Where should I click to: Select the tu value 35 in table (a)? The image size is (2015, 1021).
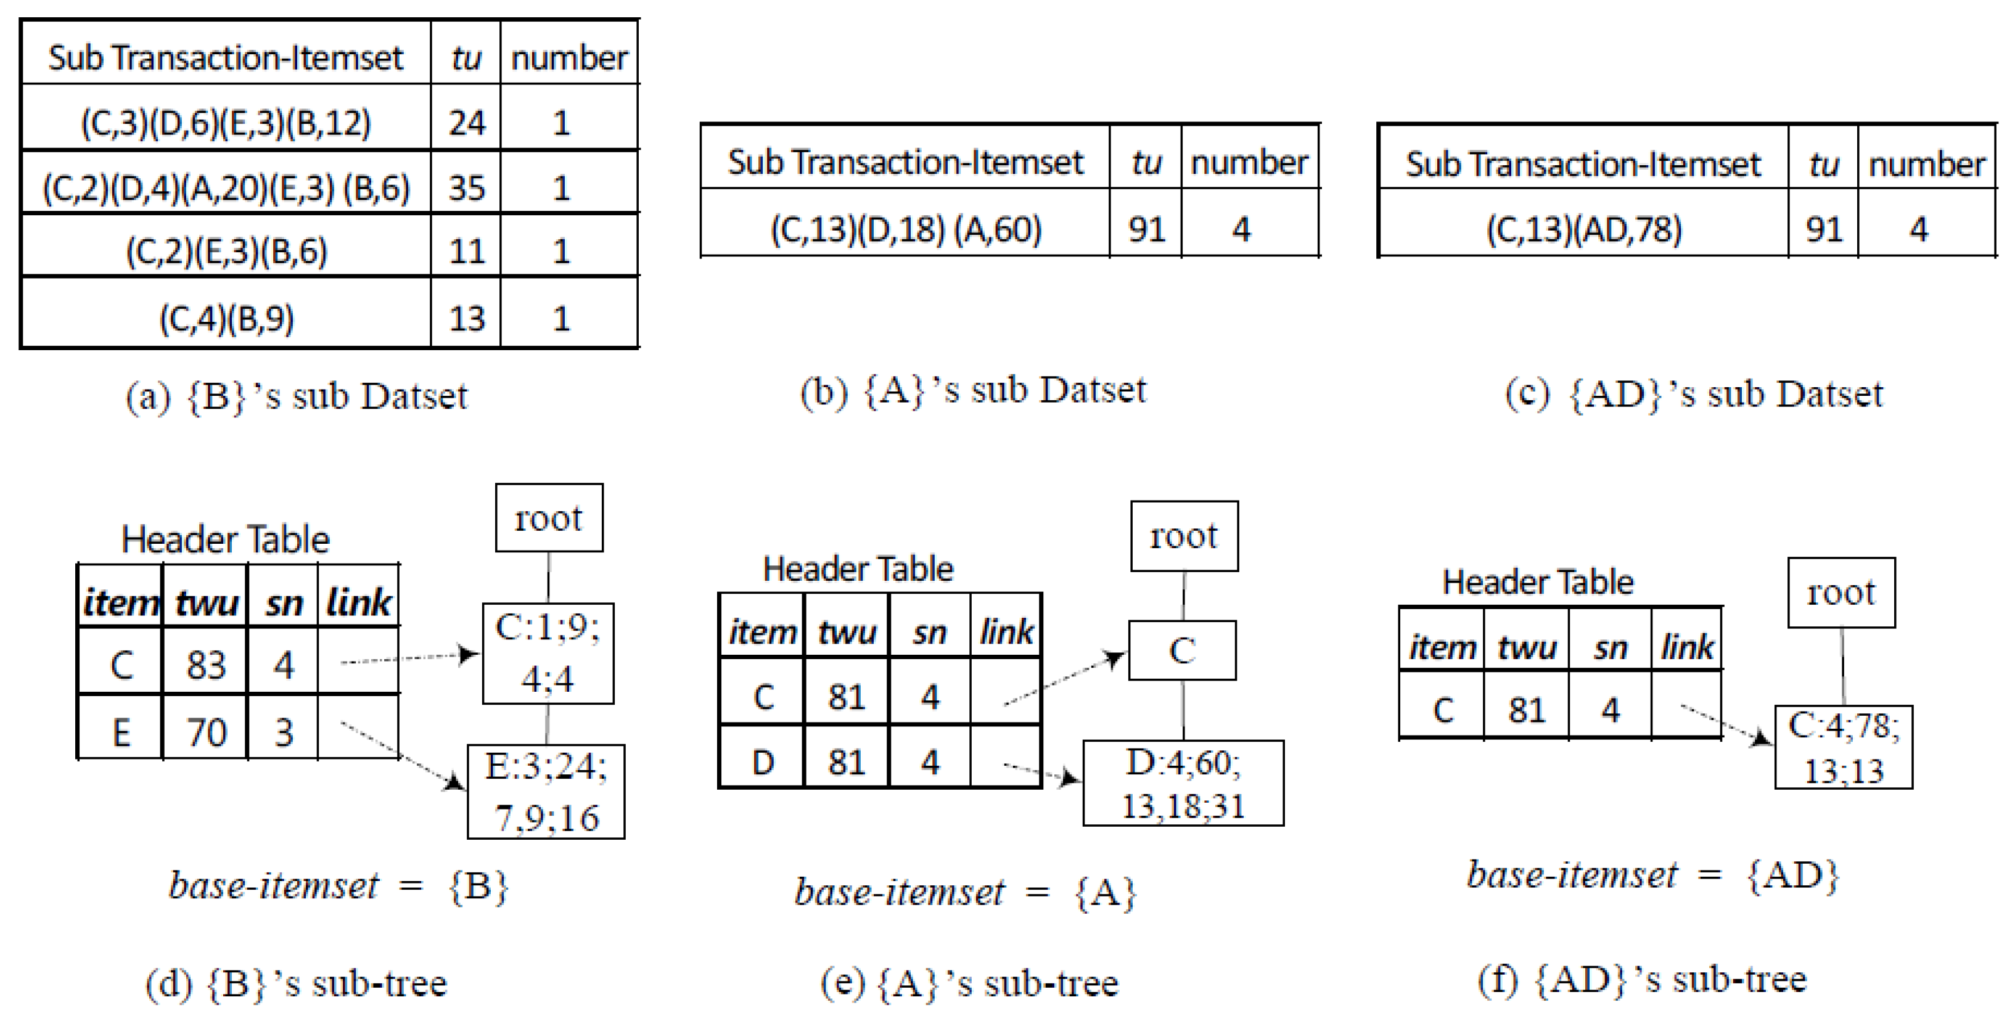point(466,188)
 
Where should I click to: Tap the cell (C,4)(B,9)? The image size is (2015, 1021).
point(226,318)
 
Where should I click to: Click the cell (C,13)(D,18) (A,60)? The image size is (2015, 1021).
point(906,229)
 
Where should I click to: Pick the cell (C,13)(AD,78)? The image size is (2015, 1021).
point(1584,229)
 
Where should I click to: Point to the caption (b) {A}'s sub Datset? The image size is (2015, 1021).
point(972,390)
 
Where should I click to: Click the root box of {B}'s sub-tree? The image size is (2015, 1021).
point(548,518)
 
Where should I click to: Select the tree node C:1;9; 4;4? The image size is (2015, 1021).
point(548,654)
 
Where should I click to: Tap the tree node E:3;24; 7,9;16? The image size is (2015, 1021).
point(546,791)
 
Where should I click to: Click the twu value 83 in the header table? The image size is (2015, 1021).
point(206,665)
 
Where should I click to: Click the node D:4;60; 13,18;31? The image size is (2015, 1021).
point(1183,783)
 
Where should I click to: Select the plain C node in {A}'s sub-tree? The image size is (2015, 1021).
point(1182,650)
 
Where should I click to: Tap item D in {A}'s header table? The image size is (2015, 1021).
point(763,762)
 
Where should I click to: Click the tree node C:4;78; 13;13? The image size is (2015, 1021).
point(1843,747)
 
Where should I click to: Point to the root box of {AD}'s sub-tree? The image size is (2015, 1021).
point(1841,593)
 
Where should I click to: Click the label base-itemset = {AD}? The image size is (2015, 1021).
point(1652,875)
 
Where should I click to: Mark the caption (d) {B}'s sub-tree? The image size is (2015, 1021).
point(296,983)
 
